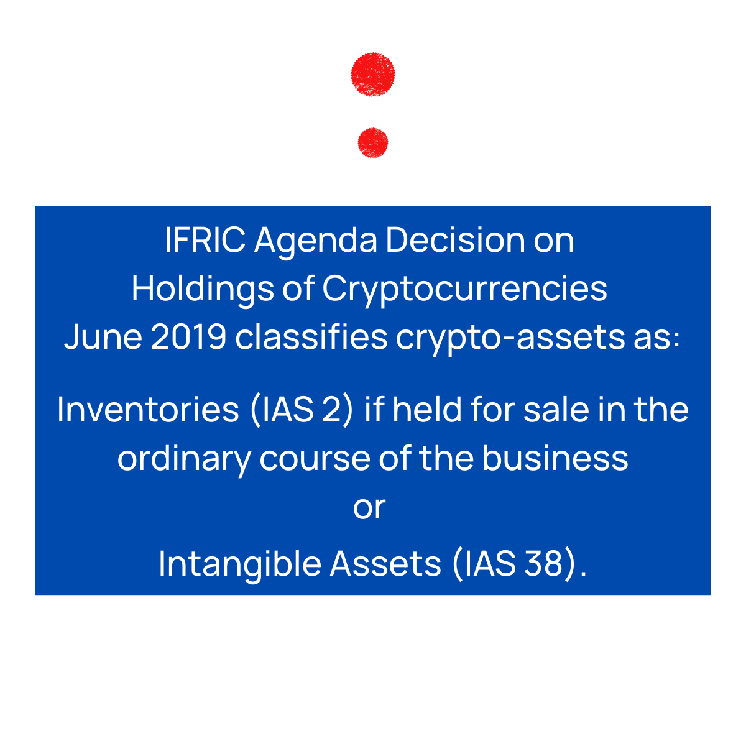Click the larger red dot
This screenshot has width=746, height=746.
373,75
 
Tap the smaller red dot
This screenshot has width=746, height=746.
373,143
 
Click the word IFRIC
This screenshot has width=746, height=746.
205,241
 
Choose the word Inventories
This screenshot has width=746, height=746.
148,410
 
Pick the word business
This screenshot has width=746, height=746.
555,458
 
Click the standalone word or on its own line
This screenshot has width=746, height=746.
369,508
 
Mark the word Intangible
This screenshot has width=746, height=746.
239,564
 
